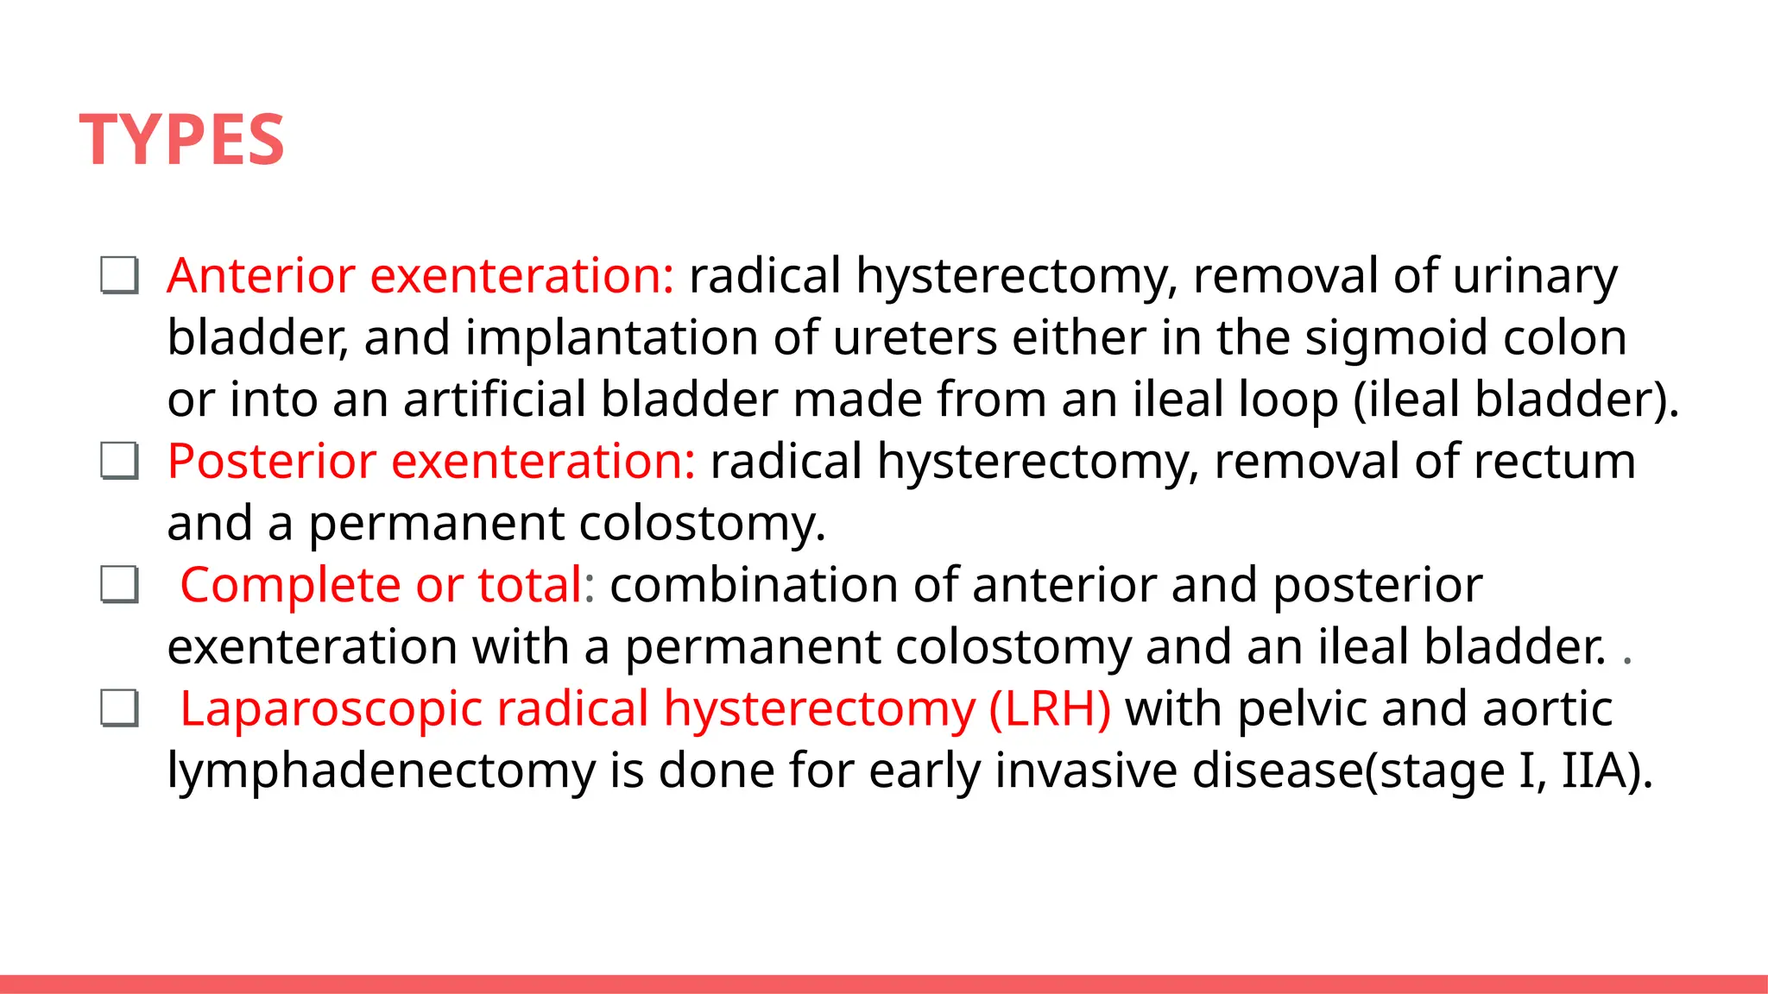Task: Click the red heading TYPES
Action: point(182,140)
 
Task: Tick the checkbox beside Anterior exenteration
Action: point(119,276)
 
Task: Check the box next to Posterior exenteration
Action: point(119,462)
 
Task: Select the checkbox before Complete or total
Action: point(119,585)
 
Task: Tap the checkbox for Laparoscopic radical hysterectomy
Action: point(119,709)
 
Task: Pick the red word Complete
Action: point(290,585)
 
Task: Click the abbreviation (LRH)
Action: point(1050,709)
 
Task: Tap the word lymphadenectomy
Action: point(381,771)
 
